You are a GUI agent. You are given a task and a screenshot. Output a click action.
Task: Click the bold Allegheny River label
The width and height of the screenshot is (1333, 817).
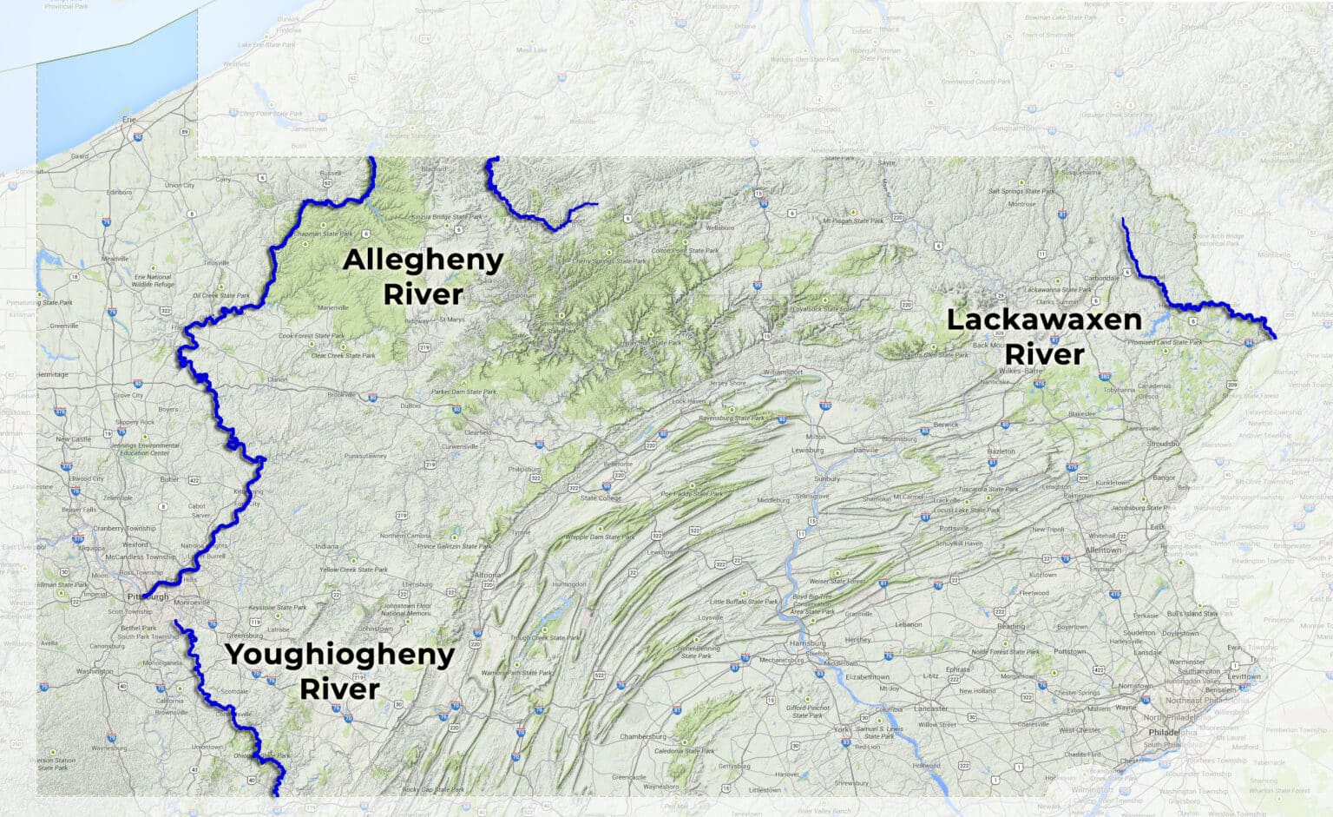[x=424, y=277]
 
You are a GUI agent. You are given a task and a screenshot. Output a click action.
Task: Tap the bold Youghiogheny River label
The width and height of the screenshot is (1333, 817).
[x=339, y=671]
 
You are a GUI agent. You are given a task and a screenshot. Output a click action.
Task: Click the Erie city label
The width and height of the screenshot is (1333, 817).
[x=130, y=119]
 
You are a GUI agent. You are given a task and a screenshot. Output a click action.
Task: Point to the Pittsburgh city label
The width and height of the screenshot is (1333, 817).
[x=148, y=597]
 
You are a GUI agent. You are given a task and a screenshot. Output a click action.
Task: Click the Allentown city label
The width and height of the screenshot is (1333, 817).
[x=1103, y=550]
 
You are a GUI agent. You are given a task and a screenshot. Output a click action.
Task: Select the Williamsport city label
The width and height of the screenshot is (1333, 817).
[x=783, y=372]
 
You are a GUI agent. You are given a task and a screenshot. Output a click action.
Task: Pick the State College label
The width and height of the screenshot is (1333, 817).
[x=601, y=498]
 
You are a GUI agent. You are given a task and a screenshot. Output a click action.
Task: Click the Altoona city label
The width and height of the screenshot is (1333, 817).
[x=487, y=575]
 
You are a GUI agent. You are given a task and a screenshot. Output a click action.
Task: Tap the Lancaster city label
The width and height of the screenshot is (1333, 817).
[x=930, y=708]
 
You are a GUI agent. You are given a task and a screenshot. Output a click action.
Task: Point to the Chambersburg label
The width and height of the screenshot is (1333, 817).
[x=642, y=737]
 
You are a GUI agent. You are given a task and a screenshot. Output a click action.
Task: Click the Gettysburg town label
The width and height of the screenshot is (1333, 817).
[x=733, y=766]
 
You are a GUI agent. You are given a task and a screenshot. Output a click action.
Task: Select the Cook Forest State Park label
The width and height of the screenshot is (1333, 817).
[x=312, y=336]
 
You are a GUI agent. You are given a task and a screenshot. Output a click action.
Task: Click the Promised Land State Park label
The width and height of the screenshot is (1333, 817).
[x=1165, y=342]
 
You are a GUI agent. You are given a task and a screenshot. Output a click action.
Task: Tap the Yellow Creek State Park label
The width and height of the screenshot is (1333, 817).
[x=353, y=570]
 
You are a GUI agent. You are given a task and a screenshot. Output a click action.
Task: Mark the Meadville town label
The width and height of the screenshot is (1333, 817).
[x=115, y=259]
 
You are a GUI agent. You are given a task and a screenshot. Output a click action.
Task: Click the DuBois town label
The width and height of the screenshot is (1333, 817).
[x=410, y=405]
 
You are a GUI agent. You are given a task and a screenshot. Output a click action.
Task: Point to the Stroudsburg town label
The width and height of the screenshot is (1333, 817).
[x=1163, y=444]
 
